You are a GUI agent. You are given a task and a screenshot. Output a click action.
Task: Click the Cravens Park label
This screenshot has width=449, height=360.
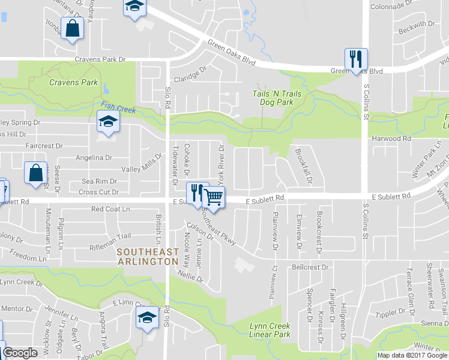point(73,82)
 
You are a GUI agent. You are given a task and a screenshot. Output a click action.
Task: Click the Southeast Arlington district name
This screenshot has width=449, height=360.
point(148,257)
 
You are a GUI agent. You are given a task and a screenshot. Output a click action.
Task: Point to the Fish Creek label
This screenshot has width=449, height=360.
point(118,107)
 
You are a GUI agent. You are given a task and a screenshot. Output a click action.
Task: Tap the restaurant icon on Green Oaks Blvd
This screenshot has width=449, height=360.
point(355,59)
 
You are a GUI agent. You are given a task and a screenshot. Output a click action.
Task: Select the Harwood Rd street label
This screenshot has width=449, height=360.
point(390,139)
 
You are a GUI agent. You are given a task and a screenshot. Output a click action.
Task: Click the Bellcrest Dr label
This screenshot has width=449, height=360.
point(311,267)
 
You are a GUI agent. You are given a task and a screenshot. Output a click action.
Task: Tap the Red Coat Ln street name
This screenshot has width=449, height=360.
point(110,209)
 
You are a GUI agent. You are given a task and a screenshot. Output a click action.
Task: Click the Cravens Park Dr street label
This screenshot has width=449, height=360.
point(100,60)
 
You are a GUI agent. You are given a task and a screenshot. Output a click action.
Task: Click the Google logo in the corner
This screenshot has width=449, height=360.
point(20,353)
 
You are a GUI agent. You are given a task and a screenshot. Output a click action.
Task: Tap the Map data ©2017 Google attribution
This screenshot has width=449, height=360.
point(412,355)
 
